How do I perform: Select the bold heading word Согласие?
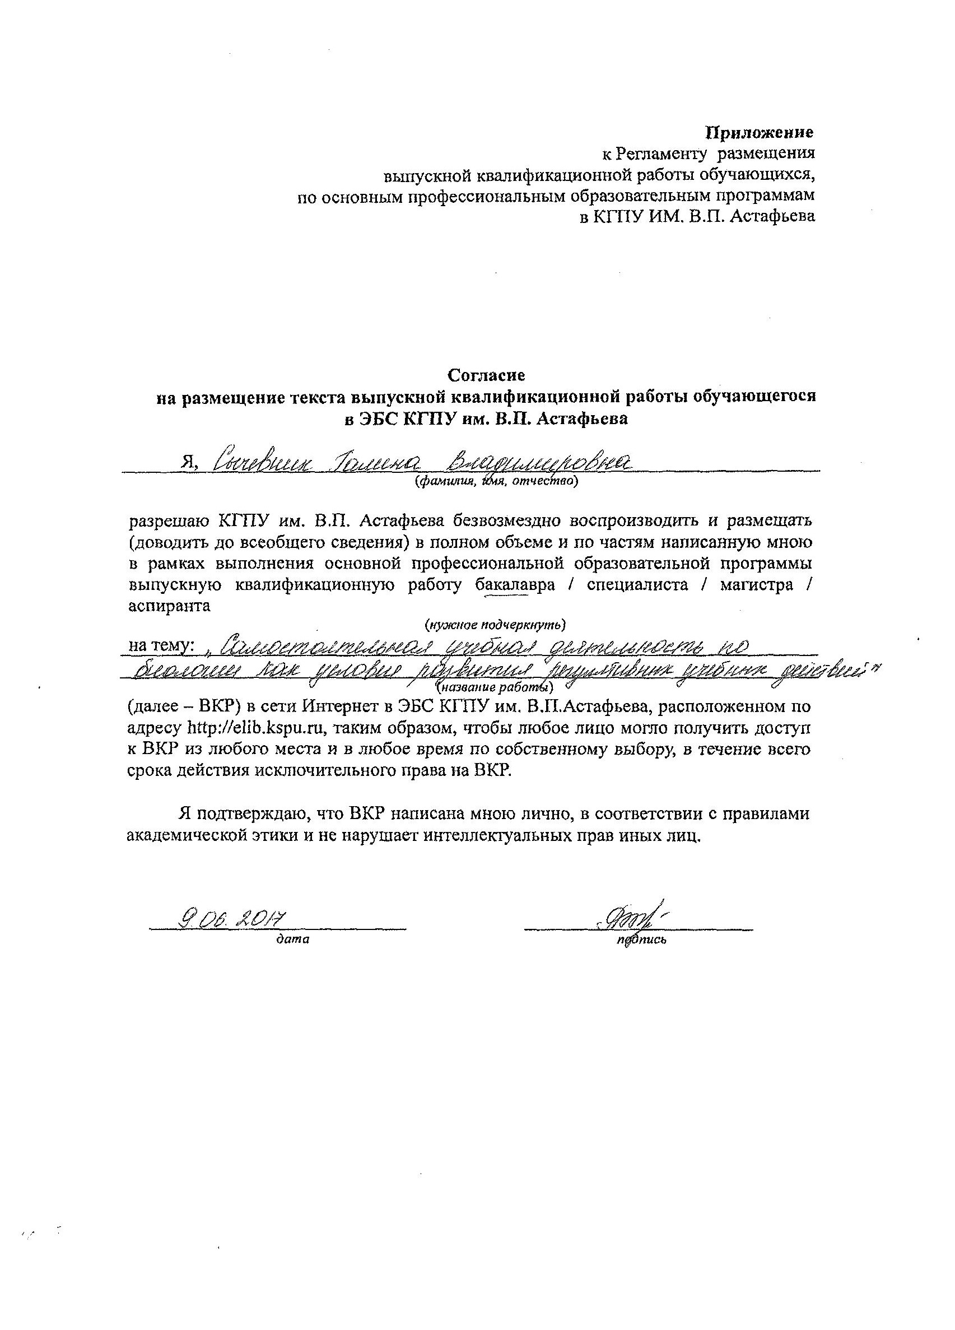[486, 374]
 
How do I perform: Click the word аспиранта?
[169, 606]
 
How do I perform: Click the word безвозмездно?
[505, 520]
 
